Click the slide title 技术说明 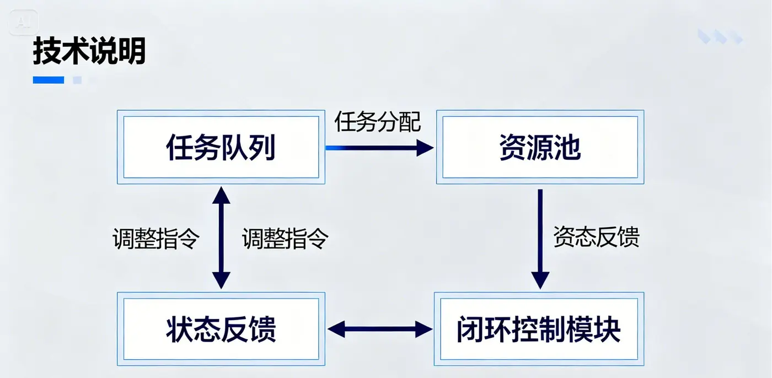[89, 51]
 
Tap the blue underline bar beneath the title [49, 80]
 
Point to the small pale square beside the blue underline [77, 80]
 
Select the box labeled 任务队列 [221, 147]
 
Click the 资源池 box [540, 147]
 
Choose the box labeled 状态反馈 [221, 329]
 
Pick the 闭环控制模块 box [539, 329]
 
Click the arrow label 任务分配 [378, 122]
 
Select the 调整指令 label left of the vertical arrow [156, 239]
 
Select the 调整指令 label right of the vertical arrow [285, 239]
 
